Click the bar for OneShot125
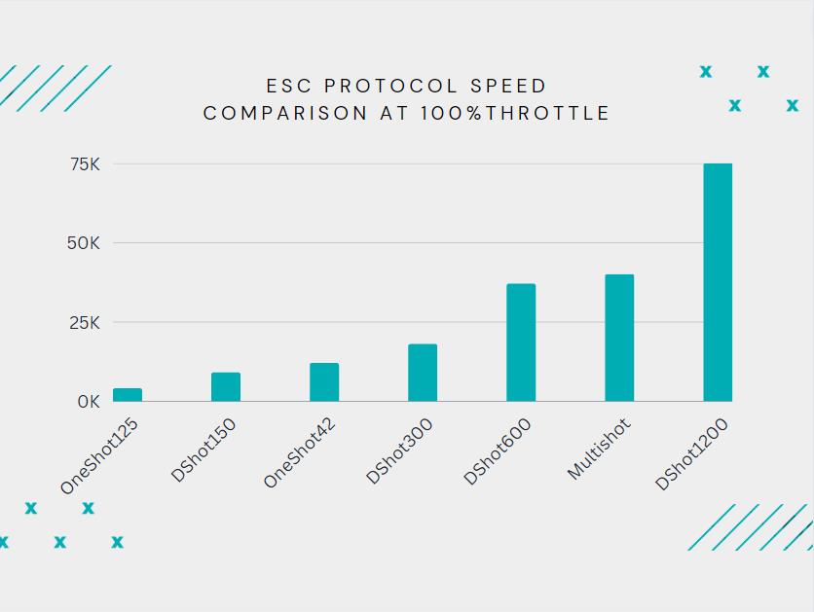[x=128, y=395]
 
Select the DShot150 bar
[x=226, y=387]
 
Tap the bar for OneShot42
[x=324, y=382]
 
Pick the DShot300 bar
[x=423, y=373]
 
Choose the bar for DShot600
[x=521, y=342]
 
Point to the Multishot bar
[x=619, y=338]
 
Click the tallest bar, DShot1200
[x=718, y=282]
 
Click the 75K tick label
[x=85, y=164]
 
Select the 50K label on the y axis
[x=84, y=243]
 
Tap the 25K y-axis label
[x=85, y=323]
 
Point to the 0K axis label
[x=89, y=402]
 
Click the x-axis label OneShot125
[x=100, y=455]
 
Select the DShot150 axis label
[x=204, y=450]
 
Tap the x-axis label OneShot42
[x=302, y=453]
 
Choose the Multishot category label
[x=600, y=449]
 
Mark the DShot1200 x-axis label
[x=692, y=454]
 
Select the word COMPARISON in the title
[x=281, y=113]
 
